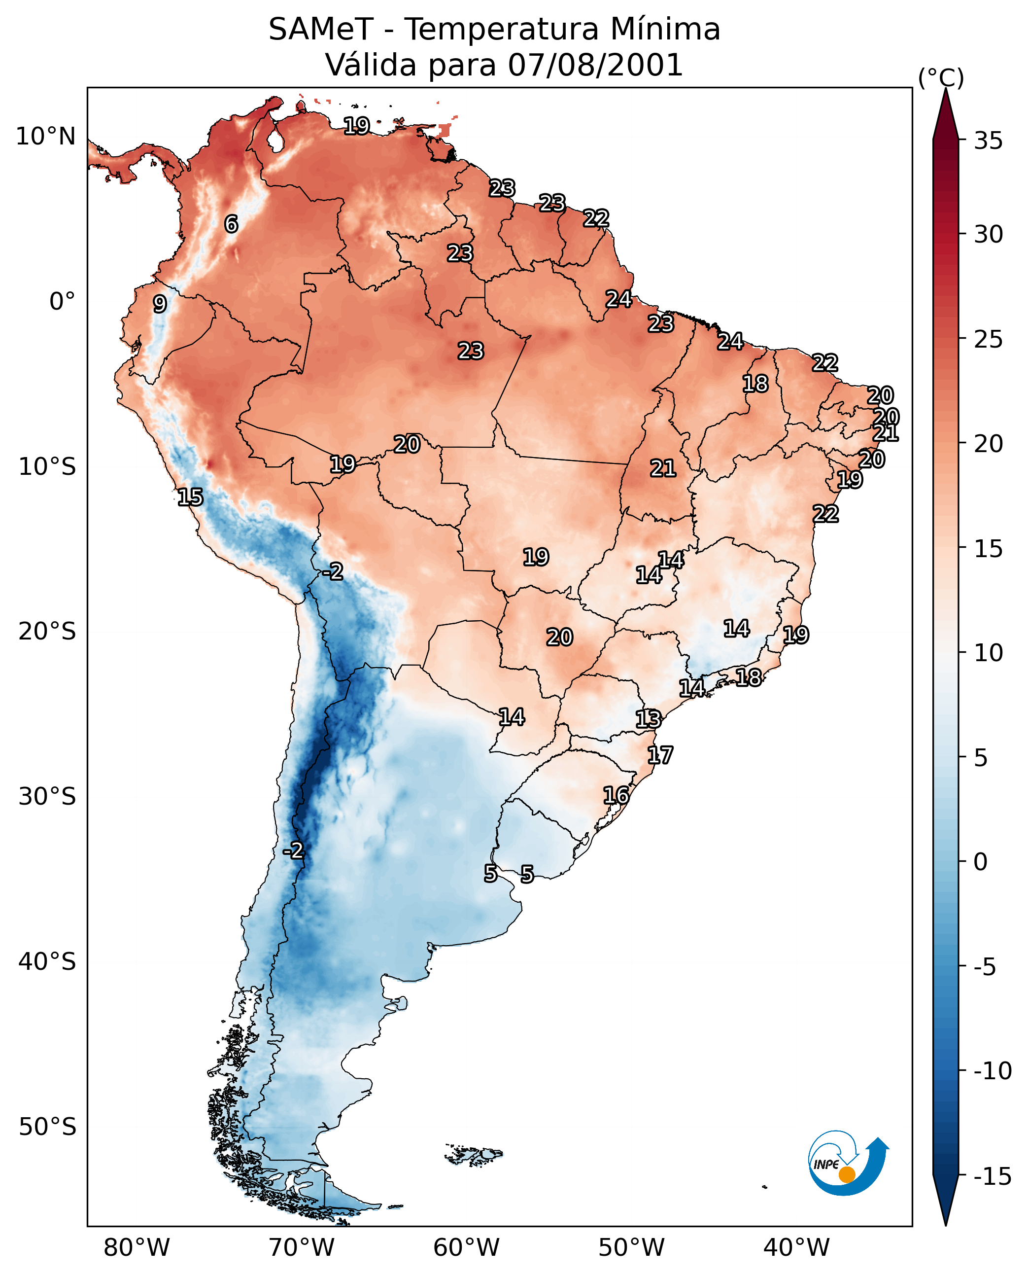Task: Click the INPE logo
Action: coord(848,1163)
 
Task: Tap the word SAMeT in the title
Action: coord(320,30)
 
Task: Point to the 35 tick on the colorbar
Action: coord(988,141)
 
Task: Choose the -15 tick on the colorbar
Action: coord(993,1177)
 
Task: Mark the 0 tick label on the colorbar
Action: coord(981,862)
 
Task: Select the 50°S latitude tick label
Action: coord(47,1127)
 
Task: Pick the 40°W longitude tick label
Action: coord(796,1248)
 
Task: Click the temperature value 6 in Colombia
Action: coord(231,224)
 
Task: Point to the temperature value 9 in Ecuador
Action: coord(160,304)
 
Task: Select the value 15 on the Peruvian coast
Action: coord(190,497)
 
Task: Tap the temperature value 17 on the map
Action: coord(660,755)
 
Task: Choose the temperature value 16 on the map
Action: coord(616,795)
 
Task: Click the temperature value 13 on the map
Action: coord(648,719)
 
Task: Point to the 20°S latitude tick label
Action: coord(47,632)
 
